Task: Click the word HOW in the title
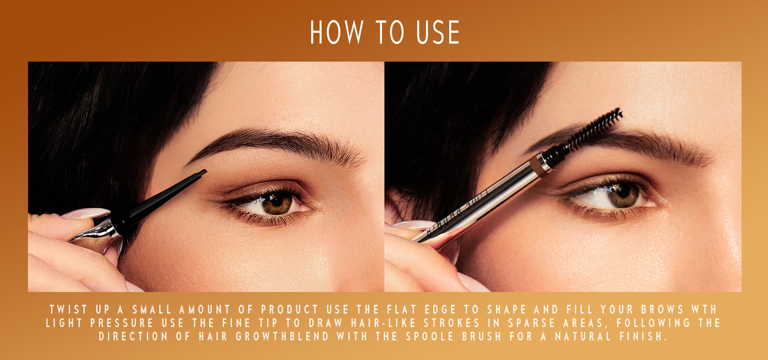[x=336, y=32]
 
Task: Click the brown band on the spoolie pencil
[x=539, y=166]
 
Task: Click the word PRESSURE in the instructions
[x=122, y=323]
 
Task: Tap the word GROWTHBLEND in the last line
[x=282, y=336]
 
